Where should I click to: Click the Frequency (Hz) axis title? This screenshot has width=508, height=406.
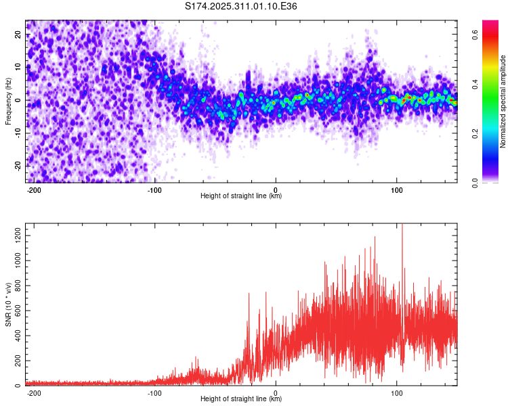point(8,101)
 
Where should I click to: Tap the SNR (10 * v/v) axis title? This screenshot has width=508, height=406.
point(8,304)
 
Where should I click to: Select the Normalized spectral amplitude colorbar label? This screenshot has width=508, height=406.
point(503,101)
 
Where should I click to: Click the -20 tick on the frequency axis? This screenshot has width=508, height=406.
point(18,165)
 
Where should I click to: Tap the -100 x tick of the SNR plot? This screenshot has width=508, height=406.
point(154,393)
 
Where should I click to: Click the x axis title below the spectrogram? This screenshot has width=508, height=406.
point(241,196)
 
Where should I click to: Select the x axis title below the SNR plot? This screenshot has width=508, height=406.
point(241,399)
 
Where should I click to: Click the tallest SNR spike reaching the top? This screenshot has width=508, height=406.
point(402,226)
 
